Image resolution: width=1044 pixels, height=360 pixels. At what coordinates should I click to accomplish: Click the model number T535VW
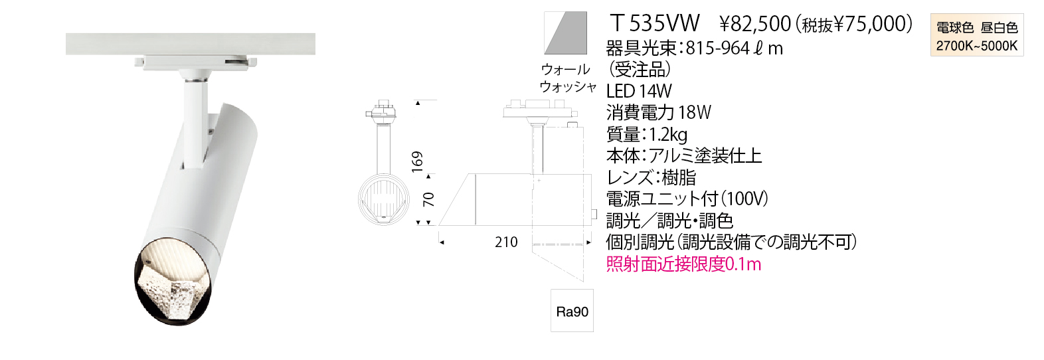point(655,24)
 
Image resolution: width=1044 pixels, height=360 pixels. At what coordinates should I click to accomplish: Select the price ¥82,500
point(755,25)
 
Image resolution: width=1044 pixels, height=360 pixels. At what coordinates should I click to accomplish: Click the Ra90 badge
point(572,312)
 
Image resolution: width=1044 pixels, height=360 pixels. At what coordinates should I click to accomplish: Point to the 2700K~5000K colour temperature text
point(976,46)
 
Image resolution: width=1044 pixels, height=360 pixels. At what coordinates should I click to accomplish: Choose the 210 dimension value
point(506,242)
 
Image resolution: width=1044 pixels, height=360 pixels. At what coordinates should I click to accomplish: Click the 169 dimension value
point(417,162)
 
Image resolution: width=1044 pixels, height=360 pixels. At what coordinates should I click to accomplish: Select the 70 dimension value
point(429,199)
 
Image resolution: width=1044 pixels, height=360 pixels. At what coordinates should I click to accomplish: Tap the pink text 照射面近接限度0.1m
point(683,264)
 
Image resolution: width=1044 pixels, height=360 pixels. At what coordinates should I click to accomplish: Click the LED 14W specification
point(639,91)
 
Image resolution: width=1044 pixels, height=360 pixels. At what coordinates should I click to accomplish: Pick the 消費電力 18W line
point(658,113)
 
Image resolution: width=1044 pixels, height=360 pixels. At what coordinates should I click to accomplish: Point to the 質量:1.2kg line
point(647,135)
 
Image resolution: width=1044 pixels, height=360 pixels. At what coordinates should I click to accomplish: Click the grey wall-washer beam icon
point(566,33)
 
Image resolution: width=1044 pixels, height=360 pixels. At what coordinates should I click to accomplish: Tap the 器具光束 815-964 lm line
point(694,48)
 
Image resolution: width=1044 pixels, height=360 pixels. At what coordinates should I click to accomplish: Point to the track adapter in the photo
point(194,62)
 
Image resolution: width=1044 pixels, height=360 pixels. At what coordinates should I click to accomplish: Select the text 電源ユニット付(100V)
point(687,199)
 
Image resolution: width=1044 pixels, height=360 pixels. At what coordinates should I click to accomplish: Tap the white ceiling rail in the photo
point(190,44)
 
